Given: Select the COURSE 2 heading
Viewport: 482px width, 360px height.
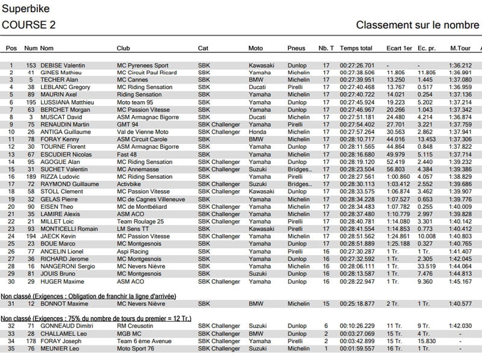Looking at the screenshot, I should click(29, 25).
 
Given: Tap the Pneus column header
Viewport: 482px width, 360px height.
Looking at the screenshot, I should click(296, 48).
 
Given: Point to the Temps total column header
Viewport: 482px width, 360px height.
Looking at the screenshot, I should click(355, 48).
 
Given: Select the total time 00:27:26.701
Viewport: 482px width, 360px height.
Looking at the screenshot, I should click(357, 65).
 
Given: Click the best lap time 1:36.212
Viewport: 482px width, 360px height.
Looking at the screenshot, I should click(460, 65).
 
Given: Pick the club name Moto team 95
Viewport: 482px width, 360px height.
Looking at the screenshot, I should click(135, 102).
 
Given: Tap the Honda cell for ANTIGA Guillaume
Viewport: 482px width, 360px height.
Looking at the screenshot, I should click(257, 132).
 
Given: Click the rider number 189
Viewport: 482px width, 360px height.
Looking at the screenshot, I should click(31, 177).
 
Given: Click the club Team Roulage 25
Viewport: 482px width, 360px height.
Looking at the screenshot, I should click(140, 222).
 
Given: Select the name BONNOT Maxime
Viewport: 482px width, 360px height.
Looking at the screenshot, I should click(60, 303).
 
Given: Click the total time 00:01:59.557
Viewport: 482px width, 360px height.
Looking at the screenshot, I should click(357, 348).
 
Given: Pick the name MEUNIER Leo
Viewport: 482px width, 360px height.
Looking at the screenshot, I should click(58, 348).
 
